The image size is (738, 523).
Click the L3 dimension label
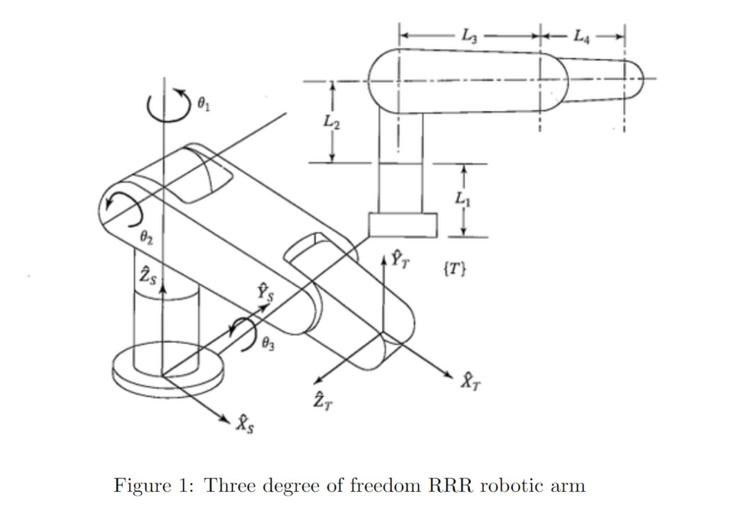point(468,35)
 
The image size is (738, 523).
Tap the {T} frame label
point(455,270)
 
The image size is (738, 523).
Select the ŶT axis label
point(401,258)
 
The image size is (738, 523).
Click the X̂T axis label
point(468,382)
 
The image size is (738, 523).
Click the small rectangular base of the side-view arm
point(403,225)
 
